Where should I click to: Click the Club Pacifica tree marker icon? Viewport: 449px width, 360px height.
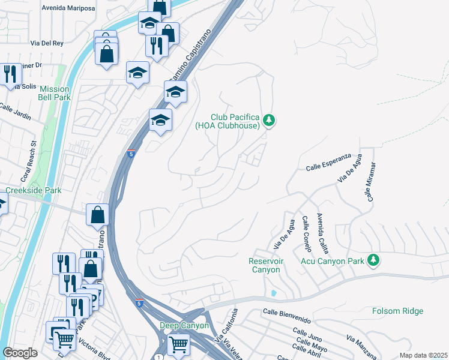270,121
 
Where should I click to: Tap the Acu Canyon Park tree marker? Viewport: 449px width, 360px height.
374,260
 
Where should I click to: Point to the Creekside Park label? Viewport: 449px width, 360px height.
34,190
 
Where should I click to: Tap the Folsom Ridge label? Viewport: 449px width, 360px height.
397,311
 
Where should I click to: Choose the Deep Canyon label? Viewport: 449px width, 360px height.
184,326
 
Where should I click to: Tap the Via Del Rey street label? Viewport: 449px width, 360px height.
47,44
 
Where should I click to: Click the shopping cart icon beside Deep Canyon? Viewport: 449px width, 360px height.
178,346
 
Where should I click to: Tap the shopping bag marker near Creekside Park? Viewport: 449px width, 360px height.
97,214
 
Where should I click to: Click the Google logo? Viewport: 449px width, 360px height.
20,353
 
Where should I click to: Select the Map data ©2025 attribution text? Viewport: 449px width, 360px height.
423,355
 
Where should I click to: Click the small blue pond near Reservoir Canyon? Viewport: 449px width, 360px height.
274,293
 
